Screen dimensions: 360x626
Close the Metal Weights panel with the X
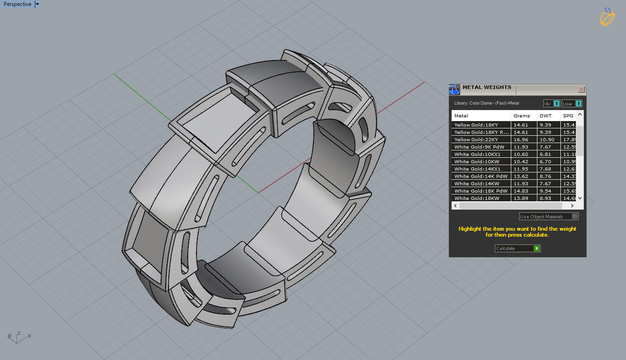(x=581, y=89)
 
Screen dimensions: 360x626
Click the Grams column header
(x=521, y=116)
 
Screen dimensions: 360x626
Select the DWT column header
(x=546, y=116)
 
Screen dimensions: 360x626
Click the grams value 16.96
(x=521, y=139)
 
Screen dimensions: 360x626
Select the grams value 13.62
(x=521, y=176)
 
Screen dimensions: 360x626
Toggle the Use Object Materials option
(x=575, y=216)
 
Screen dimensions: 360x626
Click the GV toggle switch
(x=556, y=104)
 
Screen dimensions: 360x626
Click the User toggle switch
(x=578, y=104)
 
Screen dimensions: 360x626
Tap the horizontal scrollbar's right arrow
(x=572, y=206)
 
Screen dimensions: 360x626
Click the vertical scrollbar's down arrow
(x=580, y=198)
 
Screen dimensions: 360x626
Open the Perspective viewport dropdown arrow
(x=37, y=4)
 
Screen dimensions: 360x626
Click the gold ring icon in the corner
(x=607, y=17)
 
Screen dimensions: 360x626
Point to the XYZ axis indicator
(x=17, y=337)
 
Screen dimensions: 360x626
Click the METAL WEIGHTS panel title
(x=486, y=88)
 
